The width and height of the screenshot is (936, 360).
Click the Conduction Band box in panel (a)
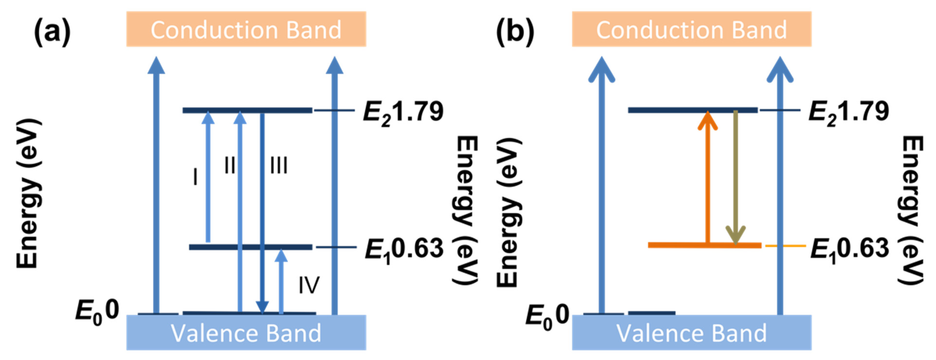pyautogui.click(x=246, y=29)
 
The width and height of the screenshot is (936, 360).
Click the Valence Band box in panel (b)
pyautogui.click(x=691, y=332)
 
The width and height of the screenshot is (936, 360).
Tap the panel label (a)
pyautogui.click(x=52, y=32)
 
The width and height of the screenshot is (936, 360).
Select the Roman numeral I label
pyautogui.click(x=196, y=177)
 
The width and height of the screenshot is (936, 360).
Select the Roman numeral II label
pyautogui.click(x=230, y=165)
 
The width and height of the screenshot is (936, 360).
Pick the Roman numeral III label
pyautogui.click(x=279, y=165)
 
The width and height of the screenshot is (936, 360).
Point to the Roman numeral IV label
pyautogui.click(x=309, y=285)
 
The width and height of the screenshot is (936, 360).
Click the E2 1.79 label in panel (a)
pyautogui.click(x=403, y=112)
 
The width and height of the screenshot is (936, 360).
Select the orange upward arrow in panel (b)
pyautogui.click(x=707, y=178)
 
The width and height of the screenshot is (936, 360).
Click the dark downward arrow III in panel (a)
pyautogui.click(x=262, y=211)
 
